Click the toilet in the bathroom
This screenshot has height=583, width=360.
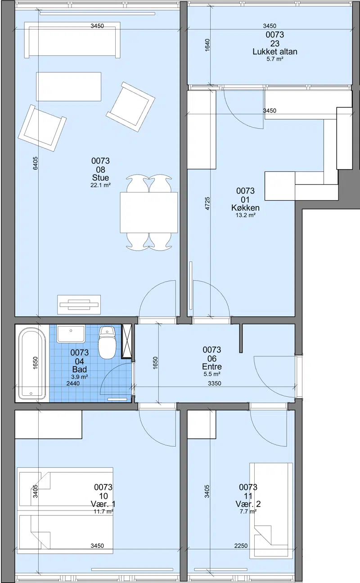point(107,342)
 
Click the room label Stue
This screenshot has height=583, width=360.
point(100,178)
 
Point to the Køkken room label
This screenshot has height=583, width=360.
point(245,208)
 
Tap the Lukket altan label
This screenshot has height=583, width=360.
point(275,52)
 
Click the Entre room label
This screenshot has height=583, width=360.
point(212,367)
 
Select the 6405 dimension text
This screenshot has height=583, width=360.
point(36,163)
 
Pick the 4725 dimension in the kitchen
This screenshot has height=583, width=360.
point(207,203)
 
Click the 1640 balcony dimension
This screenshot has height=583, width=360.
point(207,45)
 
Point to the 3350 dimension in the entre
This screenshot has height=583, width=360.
point(215,383)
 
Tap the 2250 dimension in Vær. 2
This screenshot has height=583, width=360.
point(241,544)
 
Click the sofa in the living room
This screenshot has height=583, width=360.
point(72,40)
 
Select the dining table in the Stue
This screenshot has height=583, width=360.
point(149,212)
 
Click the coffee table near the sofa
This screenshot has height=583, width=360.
point(68,87)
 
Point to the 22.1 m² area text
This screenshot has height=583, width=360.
point(100,185)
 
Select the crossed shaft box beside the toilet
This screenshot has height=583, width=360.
point(127,341)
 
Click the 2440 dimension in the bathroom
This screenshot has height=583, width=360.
point(73,383)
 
